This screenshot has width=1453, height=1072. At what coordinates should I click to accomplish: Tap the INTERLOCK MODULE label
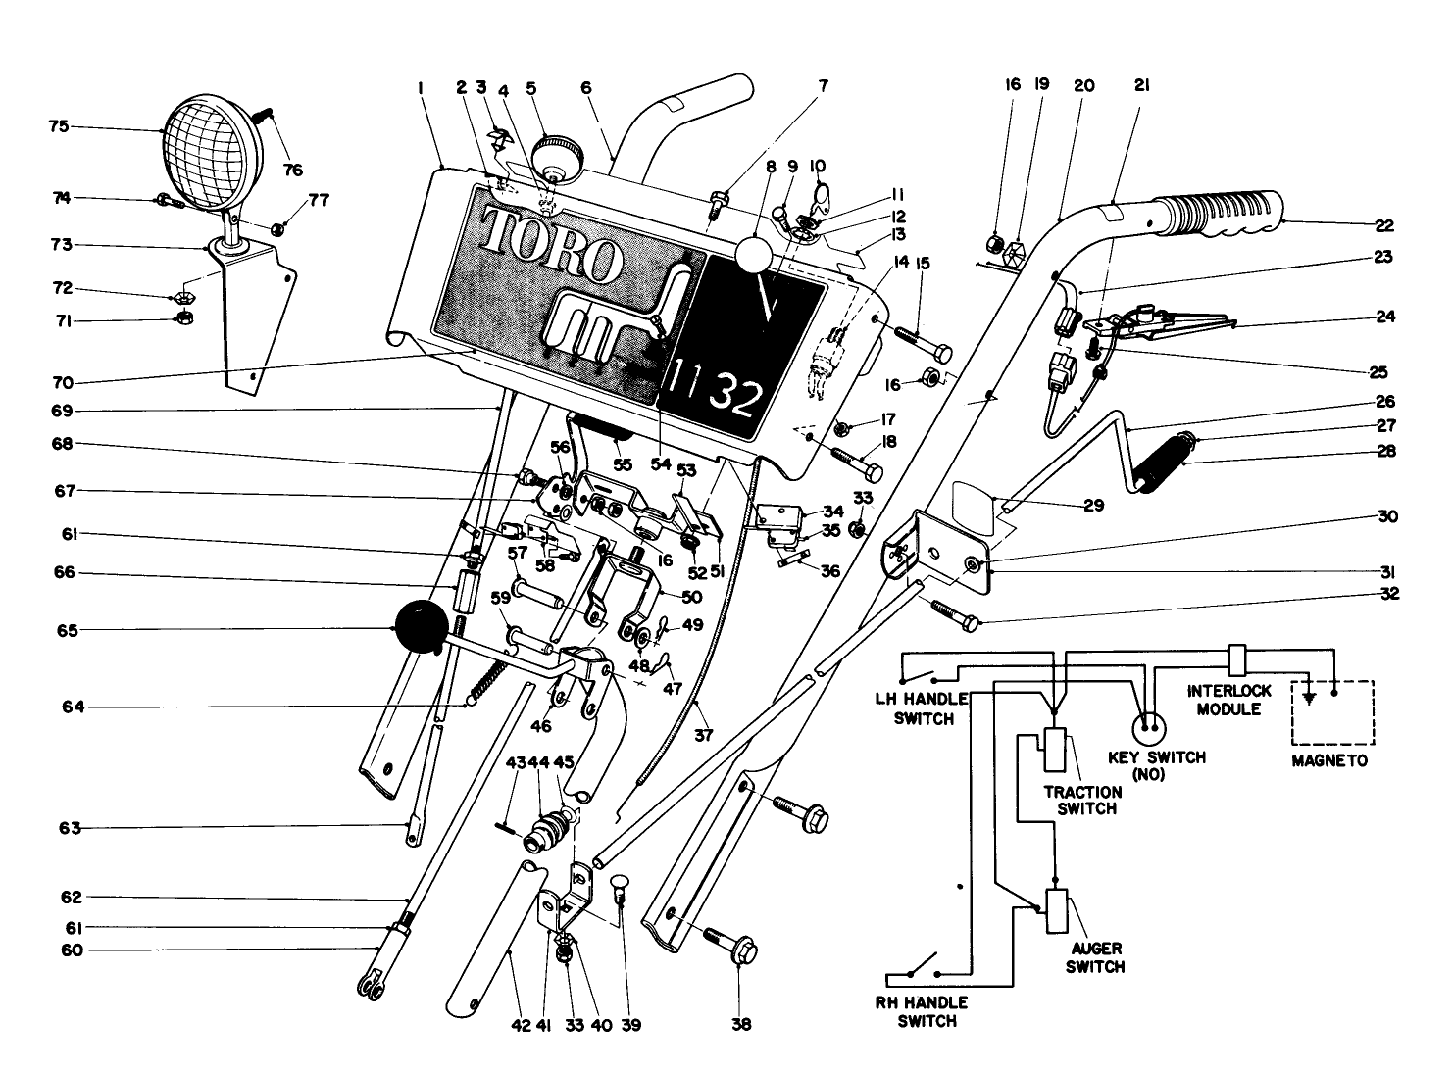(1229, 699)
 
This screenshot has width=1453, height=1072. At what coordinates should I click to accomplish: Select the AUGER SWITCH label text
(1095, 957)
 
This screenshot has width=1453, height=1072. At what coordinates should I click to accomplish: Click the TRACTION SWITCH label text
(1080, 800)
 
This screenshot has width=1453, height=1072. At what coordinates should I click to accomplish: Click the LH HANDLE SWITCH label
(920, 707)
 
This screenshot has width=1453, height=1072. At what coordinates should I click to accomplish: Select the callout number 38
(741, 1025)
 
